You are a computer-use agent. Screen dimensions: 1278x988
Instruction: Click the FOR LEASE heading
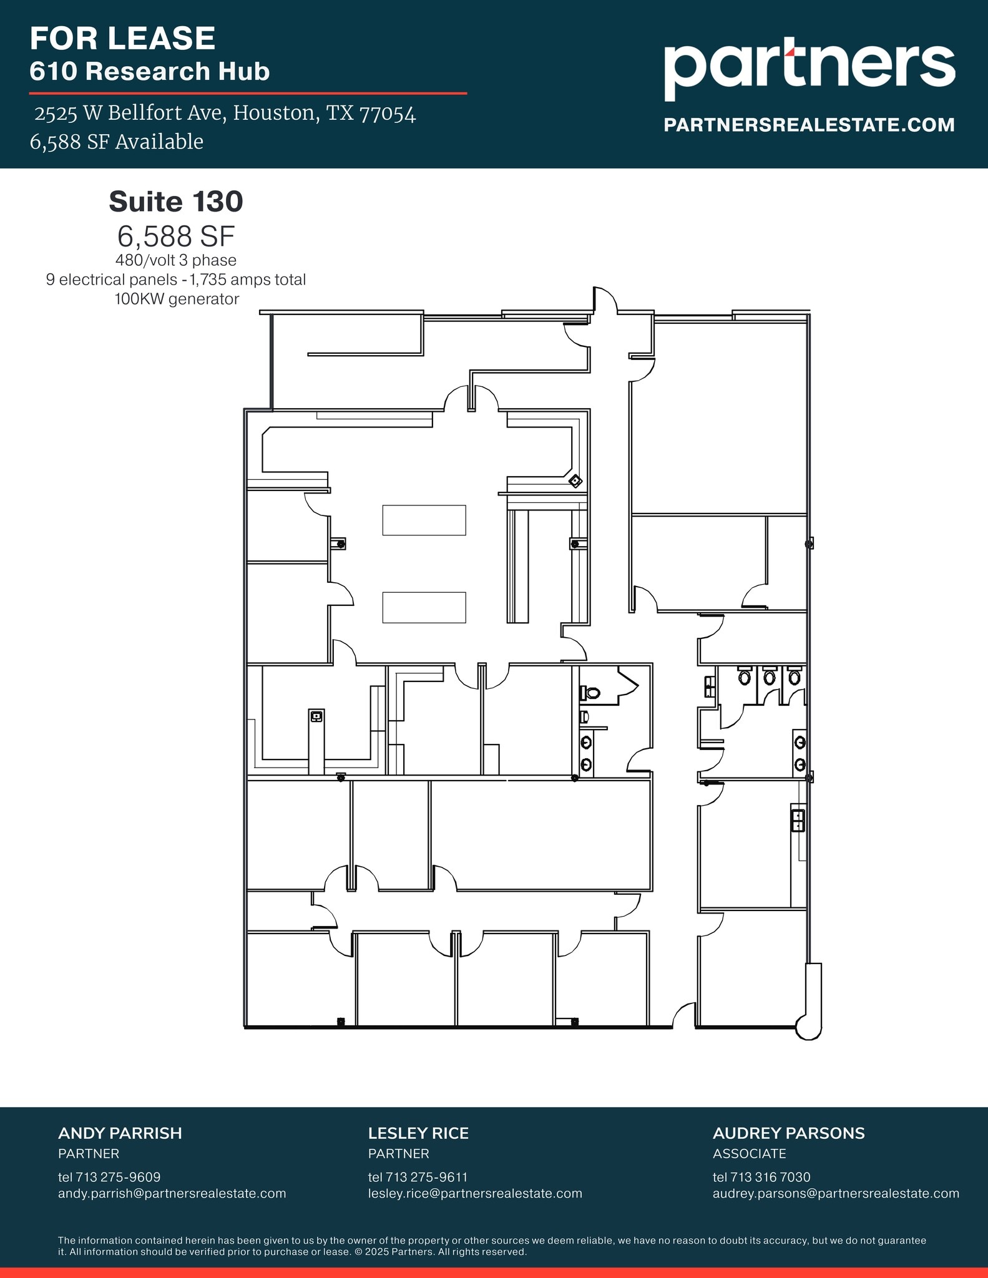click(x=122, y=39)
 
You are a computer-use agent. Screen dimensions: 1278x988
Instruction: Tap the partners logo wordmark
click(x=809, y=67)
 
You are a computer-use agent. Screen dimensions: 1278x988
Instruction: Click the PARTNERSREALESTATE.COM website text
click(x=809, y=125)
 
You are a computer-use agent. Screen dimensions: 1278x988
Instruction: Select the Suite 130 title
click(x=176, y=202)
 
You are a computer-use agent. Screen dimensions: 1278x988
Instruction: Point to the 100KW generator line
click(x=177, y=299)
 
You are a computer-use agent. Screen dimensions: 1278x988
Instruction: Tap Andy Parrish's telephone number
click(x=109, y=1177)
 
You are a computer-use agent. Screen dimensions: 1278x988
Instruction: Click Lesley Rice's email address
click(x=474, y=1193)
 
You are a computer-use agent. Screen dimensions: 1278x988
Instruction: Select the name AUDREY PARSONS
click(x=788, y=1133)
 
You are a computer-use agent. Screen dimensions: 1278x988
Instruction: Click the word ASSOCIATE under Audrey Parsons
click(x=749, y=1153)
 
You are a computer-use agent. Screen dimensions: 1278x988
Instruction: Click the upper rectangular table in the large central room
click(x=424, y=520)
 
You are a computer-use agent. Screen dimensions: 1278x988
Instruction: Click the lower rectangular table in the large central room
click(x=424, y=607)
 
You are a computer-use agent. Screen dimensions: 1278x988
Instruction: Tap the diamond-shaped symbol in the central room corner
click(x=575, y=480)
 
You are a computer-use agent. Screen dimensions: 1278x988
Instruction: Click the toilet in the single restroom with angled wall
click(x=590, y=692)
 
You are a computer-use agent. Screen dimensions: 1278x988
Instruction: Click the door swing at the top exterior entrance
click(x=605, y=300)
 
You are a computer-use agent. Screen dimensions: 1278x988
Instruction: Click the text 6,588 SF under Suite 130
click(x=176, y=236)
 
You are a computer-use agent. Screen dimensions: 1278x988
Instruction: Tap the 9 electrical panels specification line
click(x=176, y=280)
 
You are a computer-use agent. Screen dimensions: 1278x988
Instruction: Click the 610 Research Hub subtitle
click(x=150, y=71)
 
